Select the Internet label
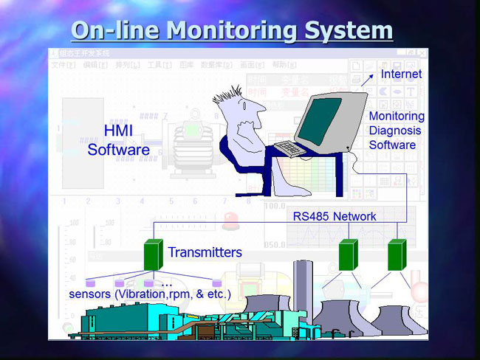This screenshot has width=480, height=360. coord(401,74)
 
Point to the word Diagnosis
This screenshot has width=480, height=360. coord(395,131)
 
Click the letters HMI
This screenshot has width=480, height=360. coord(118,131)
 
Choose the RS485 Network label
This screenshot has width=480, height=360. coord(335,216)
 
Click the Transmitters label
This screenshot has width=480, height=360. coord(205,252)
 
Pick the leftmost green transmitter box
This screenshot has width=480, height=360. coord(153,255)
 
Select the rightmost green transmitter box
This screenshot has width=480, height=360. coord(397,255)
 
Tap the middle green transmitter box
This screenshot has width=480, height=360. coord(348,255)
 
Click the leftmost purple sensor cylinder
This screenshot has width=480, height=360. coord(92,283)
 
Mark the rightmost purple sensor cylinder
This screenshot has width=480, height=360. coord(216,283)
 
